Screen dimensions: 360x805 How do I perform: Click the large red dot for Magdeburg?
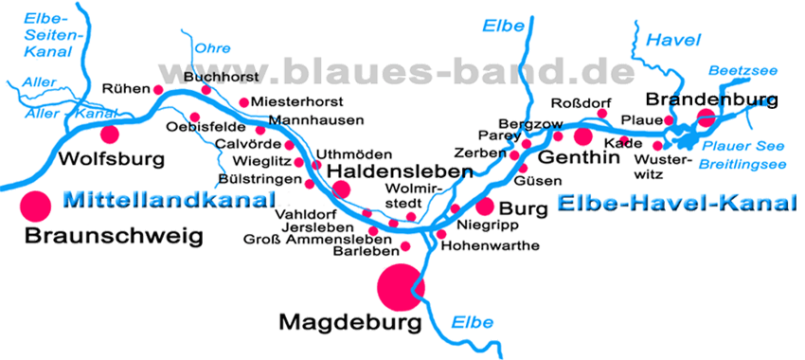pos(401,286)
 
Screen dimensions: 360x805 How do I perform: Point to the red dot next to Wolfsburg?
pos(111,134)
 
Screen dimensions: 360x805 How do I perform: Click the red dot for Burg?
pos(485,206)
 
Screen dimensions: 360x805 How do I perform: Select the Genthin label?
pos(579,157)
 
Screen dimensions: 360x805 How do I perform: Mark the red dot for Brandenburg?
pos(706,117)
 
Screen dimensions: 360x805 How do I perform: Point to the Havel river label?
pos(673,40)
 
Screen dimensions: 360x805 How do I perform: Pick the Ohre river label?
pos(212,47)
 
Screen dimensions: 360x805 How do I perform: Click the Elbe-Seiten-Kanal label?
pos(45,35)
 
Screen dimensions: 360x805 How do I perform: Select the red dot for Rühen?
pos(158,90)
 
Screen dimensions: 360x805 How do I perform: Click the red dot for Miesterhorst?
pos(244,102)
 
